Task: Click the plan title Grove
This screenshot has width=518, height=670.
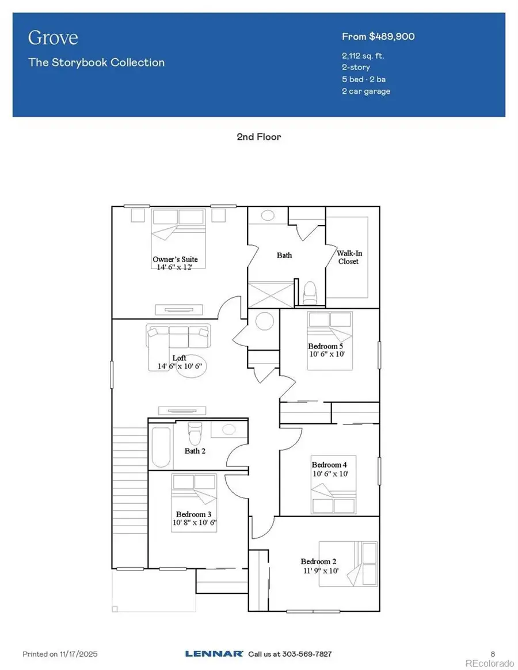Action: (x=53, y=38)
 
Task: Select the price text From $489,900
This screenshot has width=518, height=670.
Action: (x=378, y=37)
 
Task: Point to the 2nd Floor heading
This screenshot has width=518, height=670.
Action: (x=258, y=137)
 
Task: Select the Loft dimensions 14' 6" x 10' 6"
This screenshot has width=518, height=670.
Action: (x=179, y=366)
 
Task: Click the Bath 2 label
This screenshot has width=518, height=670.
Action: (x=195, y=451)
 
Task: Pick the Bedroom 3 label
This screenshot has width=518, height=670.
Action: (x=194, y=514)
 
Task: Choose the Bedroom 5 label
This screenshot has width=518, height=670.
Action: (x=326, y=346)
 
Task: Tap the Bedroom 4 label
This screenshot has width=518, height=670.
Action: (x=329, y=465)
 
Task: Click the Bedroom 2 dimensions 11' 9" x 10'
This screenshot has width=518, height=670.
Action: (x=316, y=571)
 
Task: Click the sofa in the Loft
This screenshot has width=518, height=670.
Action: (x=178, y=334)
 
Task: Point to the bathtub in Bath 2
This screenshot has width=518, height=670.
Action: (x=161, y=447)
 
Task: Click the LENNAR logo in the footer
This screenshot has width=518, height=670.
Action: (x=214, y=654)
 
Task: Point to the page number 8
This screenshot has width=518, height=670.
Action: (x=493, y=654)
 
